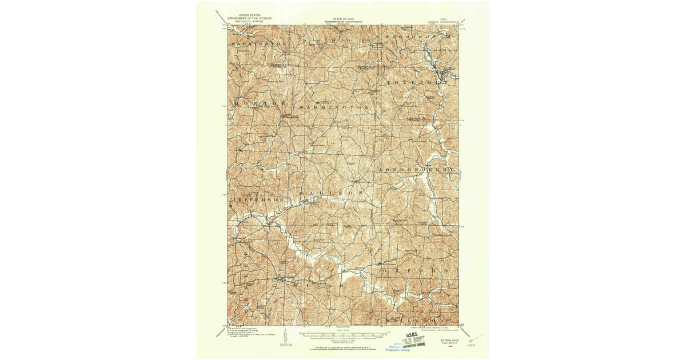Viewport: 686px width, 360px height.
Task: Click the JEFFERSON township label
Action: (x=257, y=199)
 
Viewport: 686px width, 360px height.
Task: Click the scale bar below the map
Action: (x=343, y=333)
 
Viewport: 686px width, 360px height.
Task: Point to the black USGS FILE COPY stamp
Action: (x=415, y=340)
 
